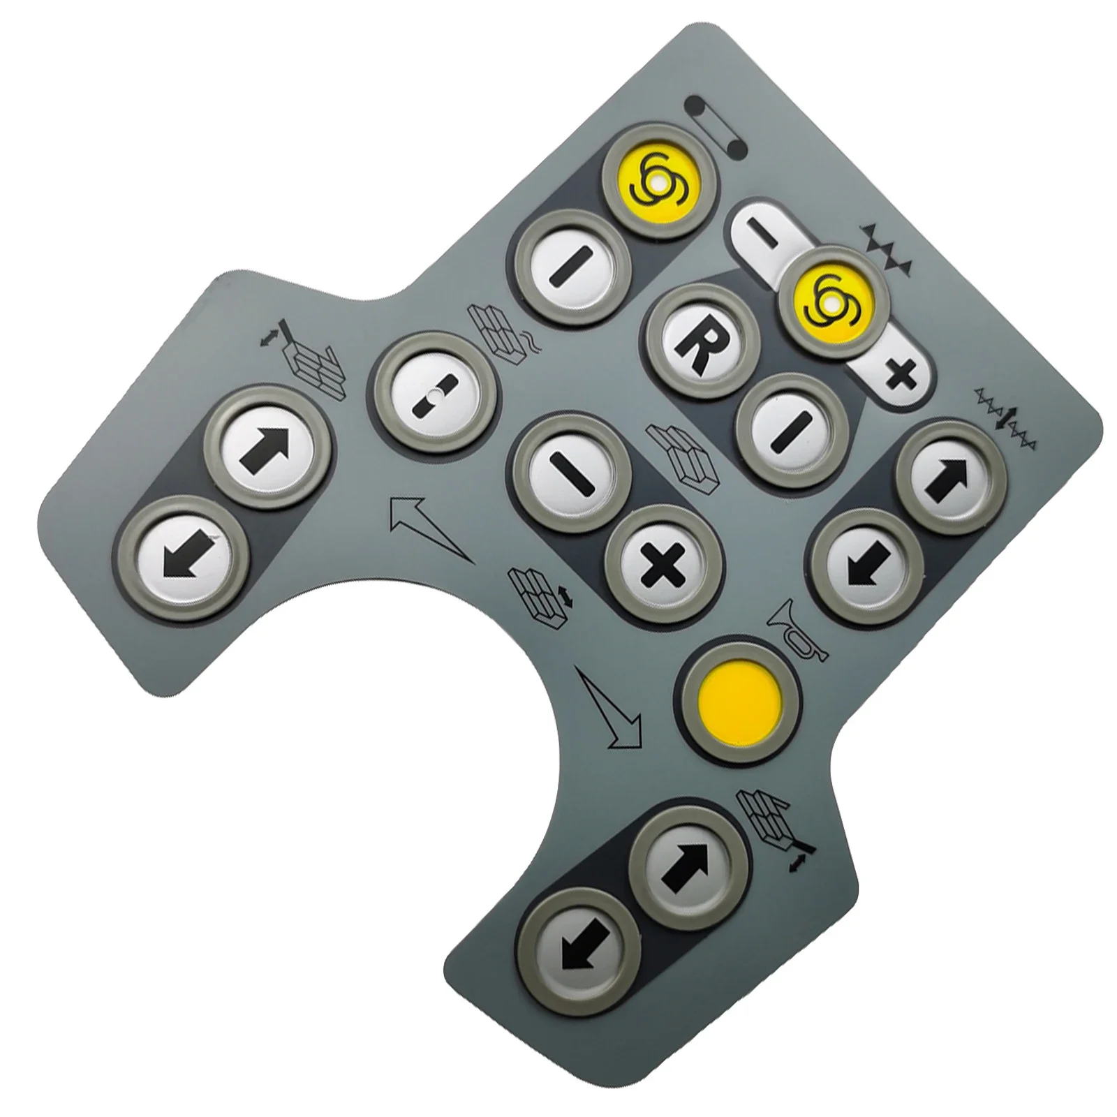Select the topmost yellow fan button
tap(657, 182)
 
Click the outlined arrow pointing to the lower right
tap(609, 704)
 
